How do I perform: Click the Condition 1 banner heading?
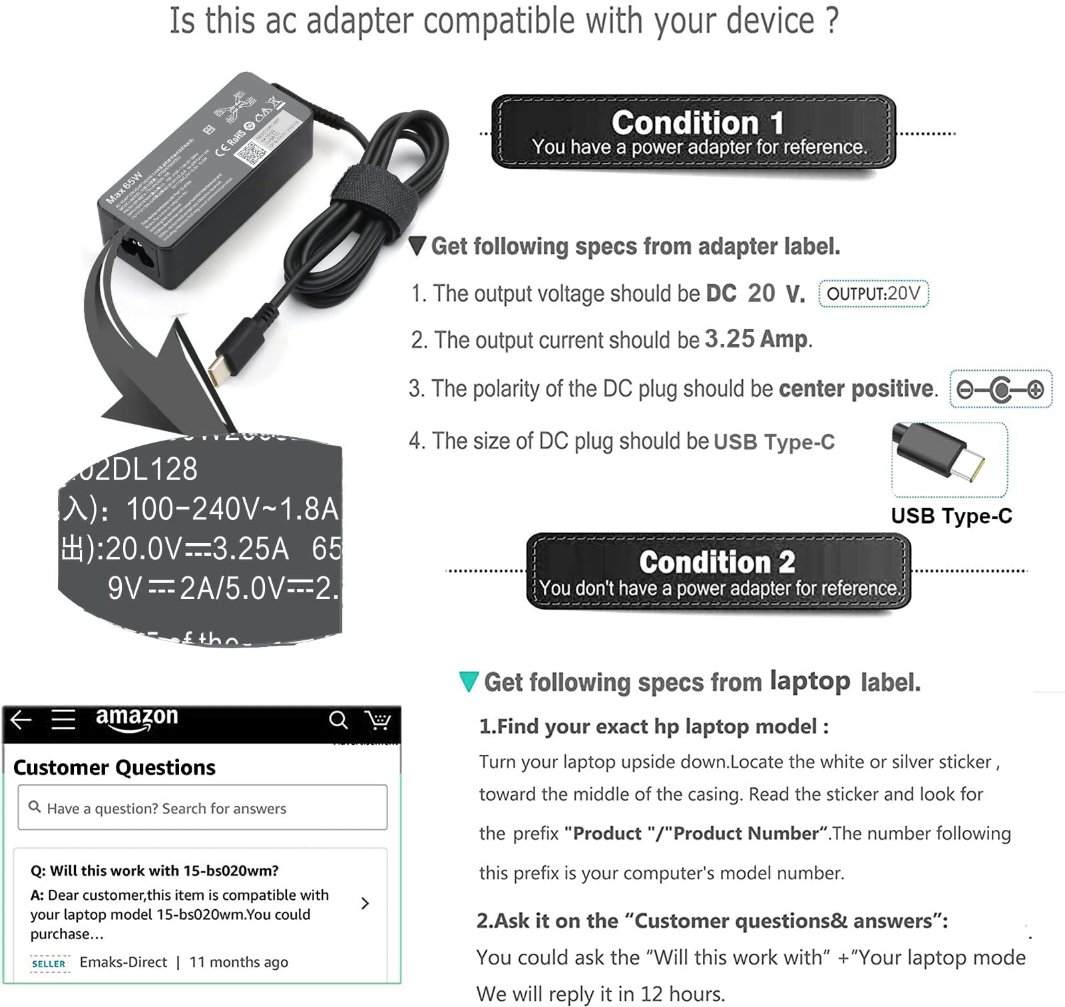(x=697, y=123)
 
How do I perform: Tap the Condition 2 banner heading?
(x=717, y=562)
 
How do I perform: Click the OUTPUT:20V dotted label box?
(x=873, y=294)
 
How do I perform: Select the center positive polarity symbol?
(x=1000, y=389)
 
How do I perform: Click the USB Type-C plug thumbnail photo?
(x=949, y=459)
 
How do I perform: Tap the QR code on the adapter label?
(x=251, y=154)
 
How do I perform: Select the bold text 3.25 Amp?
(x=756, y=339)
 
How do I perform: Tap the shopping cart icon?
(x=377, y=719)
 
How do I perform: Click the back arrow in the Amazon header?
(x=21, y=719)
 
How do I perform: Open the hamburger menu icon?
(x=63, y=719)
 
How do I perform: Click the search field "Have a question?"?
(x=202, y=807)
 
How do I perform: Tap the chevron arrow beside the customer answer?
(x=365, y=903)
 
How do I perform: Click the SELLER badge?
(x=49, y=963)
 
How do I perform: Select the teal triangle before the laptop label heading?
(x=469, y=682)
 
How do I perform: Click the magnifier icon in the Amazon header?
(x=338, y=719)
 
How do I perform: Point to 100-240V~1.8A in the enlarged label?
(x=232, y=509)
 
